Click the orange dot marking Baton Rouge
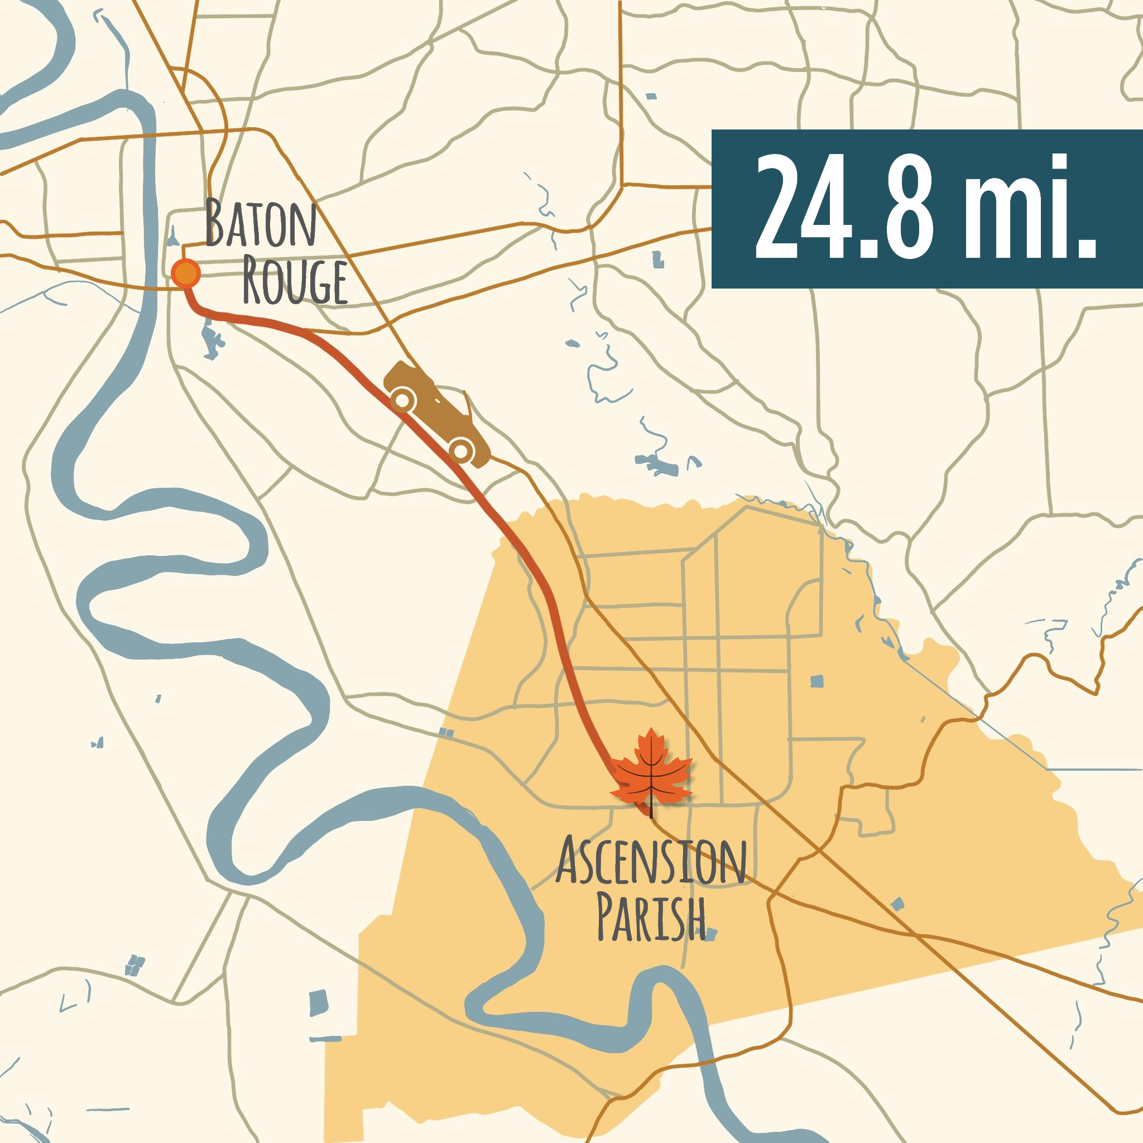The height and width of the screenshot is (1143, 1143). (186, 273)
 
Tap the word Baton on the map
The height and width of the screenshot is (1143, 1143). (260, 224)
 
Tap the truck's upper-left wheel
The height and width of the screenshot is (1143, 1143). (402, 401)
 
